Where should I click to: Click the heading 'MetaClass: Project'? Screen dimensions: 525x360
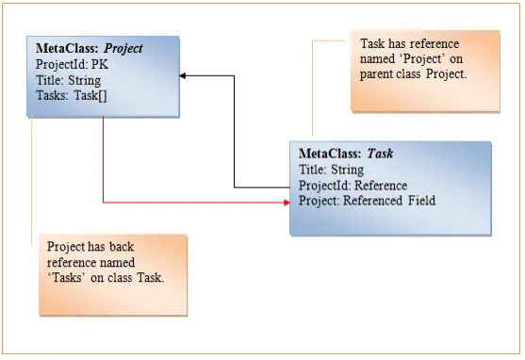[x=89, y=49]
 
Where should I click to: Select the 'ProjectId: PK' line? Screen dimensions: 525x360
[x=72, y=64]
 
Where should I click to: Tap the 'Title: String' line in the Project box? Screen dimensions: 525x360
[x=68, y=80]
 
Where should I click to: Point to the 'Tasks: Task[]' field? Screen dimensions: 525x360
[x=72, y=96]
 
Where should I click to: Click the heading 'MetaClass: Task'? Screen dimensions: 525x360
[x=346, y=154]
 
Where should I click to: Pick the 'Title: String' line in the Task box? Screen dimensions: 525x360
[x=331, y=170]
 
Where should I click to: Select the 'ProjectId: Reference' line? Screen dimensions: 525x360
[x=353, y=186]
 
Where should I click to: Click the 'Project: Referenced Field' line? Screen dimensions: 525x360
[x=367, y=201]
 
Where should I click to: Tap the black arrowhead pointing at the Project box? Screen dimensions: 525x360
[x=183, y=75]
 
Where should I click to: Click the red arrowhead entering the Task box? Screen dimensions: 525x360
[x=287, y=203]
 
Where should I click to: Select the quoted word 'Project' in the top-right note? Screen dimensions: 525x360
[x=422, y=59]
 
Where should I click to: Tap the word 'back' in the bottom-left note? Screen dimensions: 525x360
[x=122, y=247]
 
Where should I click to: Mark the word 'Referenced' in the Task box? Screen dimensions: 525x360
[x=372, y=201]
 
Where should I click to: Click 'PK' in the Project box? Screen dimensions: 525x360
[x=100, y=64]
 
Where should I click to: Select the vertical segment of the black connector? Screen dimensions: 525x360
[x=234, y=132]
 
